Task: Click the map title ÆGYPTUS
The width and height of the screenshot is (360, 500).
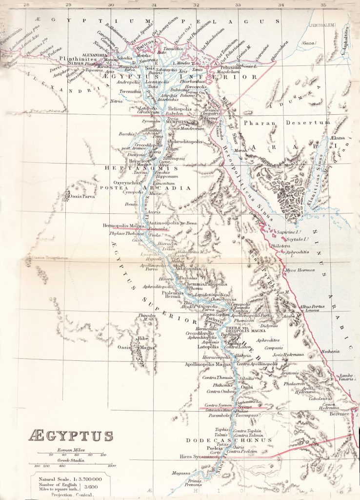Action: pyautogui.click(x=71, y=436)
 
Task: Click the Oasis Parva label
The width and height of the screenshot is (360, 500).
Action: pyautogui.click(x=82, y=197)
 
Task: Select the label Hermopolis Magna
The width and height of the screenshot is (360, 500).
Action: pyautogui.click(x=124, y=226)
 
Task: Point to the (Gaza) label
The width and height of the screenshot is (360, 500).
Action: pyautogui.click(x=309, y=43)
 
